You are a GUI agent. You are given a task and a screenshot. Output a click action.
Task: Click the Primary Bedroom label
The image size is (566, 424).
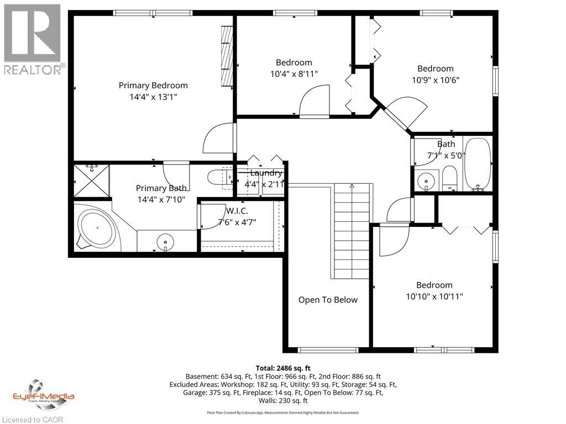[x=153, y=86]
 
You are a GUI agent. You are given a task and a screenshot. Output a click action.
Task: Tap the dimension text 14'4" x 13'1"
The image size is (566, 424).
[x=153, y=97]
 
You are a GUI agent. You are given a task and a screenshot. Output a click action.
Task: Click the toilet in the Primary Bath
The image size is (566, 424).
[x=219, y=177]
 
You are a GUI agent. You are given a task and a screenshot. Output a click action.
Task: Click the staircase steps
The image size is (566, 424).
[x=351, y=232]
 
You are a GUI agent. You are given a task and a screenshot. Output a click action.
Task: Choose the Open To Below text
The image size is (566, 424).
[x=328, y=300]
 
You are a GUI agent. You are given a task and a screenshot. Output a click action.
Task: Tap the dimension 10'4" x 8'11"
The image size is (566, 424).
[x=294, y=73]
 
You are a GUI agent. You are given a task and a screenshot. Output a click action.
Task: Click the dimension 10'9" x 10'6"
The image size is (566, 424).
[x=435, y=79]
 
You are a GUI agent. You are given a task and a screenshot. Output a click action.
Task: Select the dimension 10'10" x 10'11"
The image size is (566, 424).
[x=434, y=296]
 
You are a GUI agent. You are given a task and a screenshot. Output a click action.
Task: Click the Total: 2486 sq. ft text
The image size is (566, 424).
[x=283, y=368]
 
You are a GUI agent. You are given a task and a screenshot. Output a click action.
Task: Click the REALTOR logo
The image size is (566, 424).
[x=32, y=39]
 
